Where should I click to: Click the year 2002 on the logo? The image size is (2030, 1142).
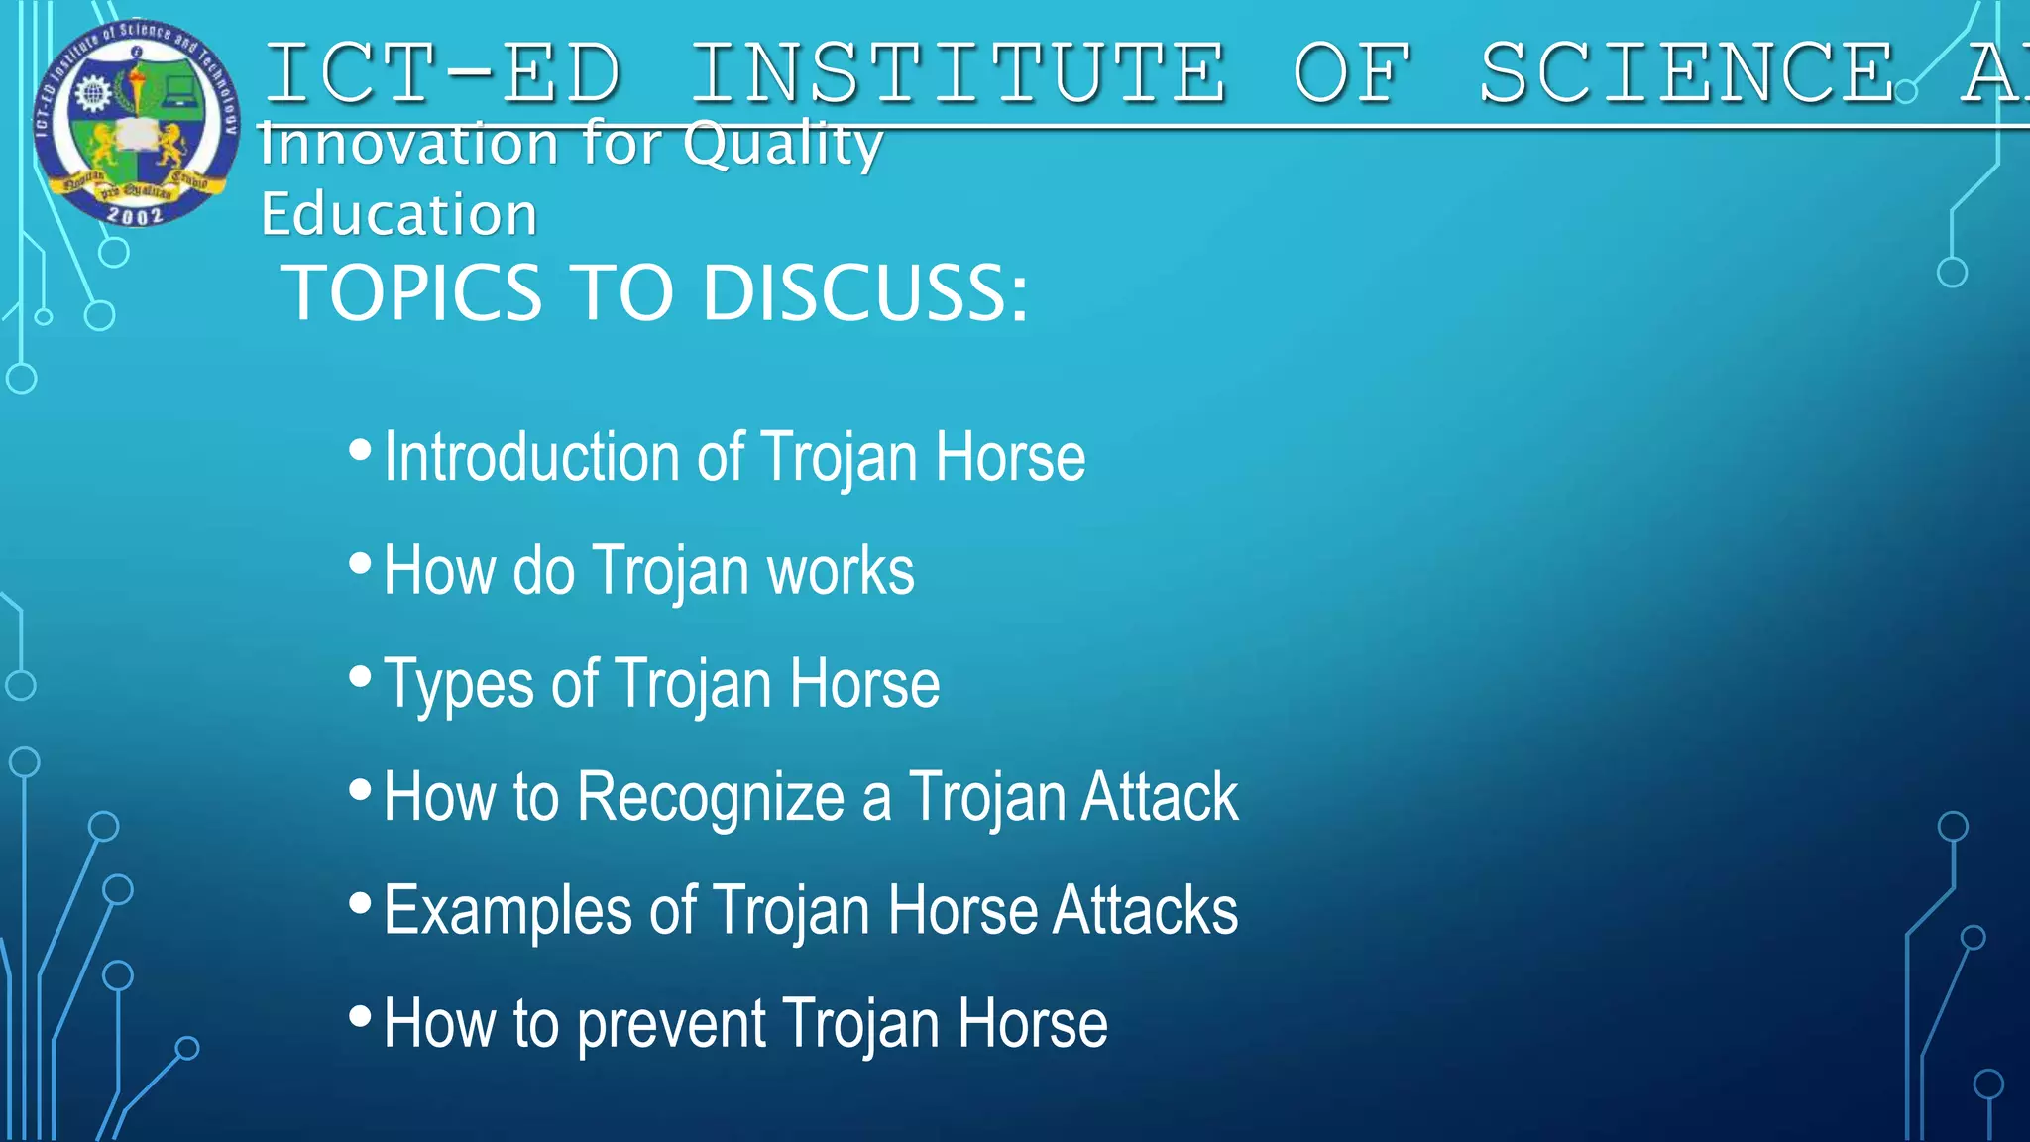[x=135, y=214]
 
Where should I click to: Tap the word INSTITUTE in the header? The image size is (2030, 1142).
[x=958, y=73]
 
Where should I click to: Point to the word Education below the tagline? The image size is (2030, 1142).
[x=398, y=214]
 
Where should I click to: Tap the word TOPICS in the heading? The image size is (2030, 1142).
[x=411, y=293]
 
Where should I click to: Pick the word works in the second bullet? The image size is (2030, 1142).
[x=841, y=571]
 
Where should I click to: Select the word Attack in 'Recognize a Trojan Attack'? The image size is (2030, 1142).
[x=1159, y=797]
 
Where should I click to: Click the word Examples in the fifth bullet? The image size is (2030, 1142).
[x=507, y=911]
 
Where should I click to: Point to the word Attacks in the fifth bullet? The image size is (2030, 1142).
[x=1145, y=910]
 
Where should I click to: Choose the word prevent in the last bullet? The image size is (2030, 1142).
[x=671, y=1025]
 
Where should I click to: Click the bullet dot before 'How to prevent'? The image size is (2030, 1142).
[x=360, y=1016]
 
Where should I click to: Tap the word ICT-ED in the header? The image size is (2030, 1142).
[x=443, y=73]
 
